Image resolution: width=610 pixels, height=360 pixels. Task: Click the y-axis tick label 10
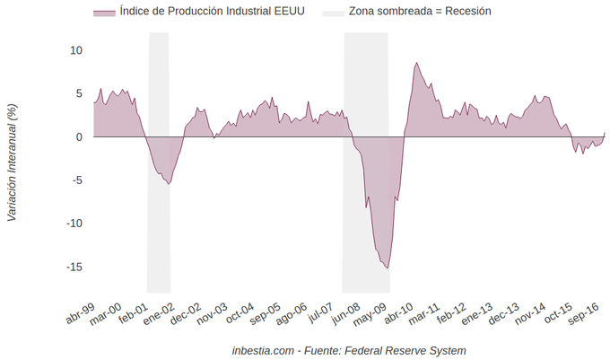(x=77, y=50)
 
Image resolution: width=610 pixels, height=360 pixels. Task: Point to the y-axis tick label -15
(x=74, y=267)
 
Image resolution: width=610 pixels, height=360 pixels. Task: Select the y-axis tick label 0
(x=80, y=137)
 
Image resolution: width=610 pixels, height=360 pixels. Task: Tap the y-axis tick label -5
(x=77, y=180)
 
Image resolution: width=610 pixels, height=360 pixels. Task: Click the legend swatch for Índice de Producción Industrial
(x=104, y=13)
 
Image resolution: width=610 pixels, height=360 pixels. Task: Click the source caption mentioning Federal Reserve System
(x=348, y=349)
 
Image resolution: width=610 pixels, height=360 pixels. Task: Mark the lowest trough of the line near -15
(x=388, y=268)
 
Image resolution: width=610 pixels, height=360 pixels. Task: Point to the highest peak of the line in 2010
(x=416, y=63)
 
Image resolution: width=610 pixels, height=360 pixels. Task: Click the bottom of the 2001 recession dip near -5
(x=169, y=184)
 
